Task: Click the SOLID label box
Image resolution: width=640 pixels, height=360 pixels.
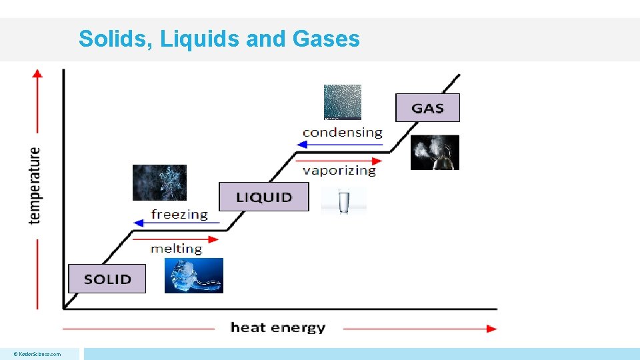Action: click(x=107, y=279)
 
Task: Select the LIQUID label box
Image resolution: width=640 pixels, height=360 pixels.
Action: click(x=264, y=197)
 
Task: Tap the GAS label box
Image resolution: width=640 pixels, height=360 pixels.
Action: click(x=427, y=108)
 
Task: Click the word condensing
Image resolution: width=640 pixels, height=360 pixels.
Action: click(x=342, y=132)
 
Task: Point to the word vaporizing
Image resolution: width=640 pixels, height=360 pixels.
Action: click(x=339, y=171)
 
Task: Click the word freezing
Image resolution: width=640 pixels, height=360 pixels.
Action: click(x=179, y=214)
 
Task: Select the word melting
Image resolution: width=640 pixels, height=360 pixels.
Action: click(x=176, y=249)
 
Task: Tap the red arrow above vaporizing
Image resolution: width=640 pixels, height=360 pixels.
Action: click(x=339, y=161)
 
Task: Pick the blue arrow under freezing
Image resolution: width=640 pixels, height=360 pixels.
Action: click(x=177, y=223)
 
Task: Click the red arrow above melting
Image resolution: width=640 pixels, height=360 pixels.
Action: click(x=176, y=239)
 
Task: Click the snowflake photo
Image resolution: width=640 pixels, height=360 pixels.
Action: click(x=159, y=182)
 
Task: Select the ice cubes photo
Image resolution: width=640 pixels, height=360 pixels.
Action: click(x=194, y=276)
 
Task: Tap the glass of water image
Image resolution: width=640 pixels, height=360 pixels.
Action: click(x=344, y=201)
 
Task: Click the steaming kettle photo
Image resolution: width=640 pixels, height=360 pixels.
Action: click(x=435, y=153)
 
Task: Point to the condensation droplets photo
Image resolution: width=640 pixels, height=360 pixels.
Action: click(x=343, y=102)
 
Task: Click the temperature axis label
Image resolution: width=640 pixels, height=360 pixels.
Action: click(x=35, y=185)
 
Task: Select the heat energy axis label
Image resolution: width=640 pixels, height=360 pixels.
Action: click(x=278, y=327)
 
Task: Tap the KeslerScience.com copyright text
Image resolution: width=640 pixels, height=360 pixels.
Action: click(x=39, y=354)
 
